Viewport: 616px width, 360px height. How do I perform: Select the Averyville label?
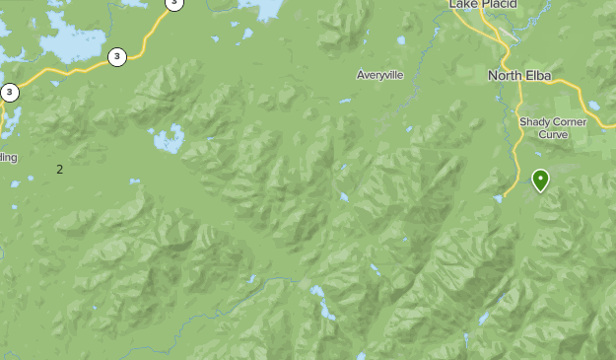pos(380,75)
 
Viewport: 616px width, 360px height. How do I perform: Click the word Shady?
pos(537,121)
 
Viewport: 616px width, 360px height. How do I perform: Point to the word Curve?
pos(553,134)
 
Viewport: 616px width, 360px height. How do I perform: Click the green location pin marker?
pos(540,180)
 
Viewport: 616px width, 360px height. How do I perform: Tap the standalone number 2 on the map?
pos(59,170)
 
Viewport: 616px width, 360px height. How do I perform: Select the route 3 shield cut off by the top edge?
pos(173,3)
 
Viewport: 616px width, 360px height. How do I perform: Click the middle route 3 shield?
pos(117,56)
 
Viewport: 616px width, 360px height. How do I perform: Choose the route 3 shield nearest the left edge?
pos(10,93)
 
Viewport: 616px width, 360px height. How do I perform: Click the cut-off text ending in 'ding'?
pos(7,157)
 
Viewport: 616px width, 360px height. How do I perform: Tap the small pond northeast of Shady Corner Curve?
pos(594,107)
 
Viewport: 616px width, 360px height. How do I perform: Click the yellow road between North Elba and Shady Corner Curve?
pos(520,99)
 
